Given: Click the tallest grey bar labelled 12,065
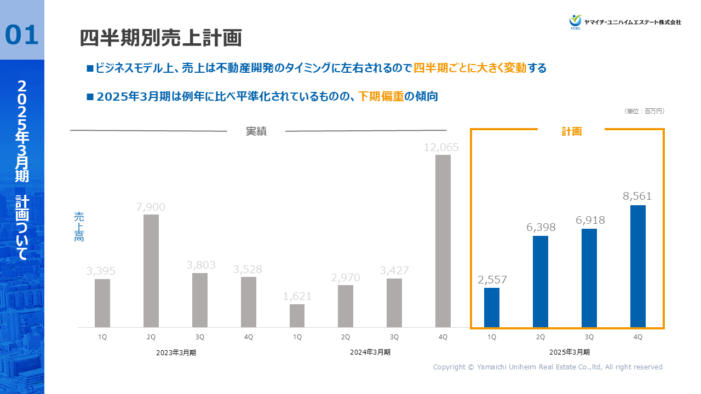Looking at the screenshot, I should click(443, 241).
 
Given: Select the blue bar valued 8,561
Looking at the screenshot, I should click(638, 266).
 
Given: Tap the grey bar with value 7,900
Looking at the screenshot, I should click(151, 271).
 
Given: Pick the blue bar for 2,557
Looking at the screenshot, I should click(492, 308).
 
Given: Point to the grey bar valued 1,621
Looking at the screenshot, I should click(297, 316).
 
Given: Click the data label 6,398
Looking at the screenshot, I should click(541, 227).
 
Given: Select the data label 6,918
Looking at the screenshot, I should click(589, 220).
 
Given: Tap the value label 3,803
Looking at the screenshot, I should click(200, 265).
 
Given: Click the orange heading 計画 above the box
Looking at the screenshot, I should click(571, 131).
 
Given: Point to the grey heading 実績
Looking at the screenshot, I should click(256, 131).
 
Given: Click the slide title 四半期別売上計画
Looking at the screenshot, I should click(161, 38).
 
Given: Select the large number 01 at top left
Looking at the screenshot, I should click(22, 34).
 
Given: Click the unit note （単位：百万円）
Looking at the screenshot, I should click(645, 111).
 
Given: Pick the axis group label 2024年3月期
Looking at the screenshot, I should click(370, 352).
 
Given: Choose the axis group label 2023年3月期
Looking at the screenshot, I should click(176, 352).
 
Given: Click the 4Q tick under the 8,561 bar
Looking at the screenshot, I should click(638, 337).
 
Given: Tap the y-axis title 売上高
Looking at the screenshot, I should click(79, 227).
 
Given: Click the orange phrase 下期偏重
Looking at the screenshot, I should click(381, 96).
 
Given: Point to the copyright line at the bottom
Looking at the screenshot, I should click(548, 367).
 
